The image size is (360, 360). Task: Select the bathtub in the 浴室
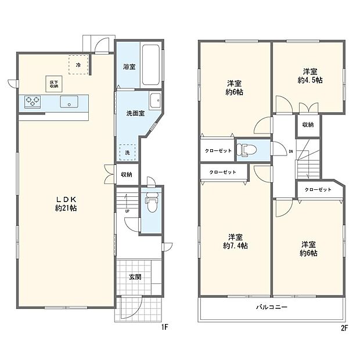click(153, 64)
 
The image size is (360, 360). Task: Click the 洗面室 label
click(135, 113)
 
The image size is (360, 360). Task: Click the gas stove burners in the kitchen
click(32, 102)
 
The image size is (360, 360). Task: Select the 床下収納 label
click(52, 83)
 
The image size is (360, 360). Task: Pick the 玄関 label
click(136, 276)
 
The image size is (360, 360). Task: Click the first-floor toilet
click(150, 203)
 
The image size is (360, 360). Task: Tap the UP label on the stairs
click(127, 211)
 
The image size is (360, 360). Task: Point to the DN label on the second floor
click(290, 152)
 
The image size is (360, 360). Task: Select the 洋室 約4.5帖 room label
click(307, 76)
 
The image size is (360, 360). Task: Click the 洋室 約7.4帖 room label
click(235, 241)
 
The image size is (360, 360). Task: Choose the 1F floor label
click(164, 327)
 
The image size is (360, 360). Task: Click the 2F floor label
click(344, 327)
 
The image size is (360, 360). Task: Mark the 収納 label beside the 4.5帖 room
click(308, 125)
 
